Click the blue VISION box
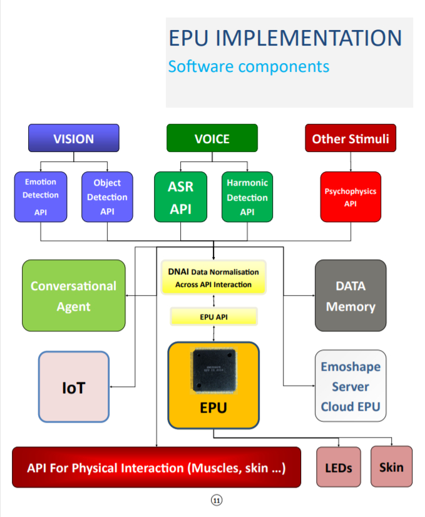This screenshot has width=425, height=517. [x=73, y=138]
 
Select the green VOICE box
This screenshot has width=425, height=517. [x=212, y=138]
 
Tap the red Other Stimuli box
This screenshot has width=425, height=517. [x=350, y=138]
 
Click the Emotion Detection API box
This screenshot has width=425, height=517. [x=40, y=197]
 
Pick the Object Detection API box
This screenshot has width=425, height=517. [x=107, y=197]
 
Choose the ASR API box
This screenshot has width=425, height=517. [x=181, y=197]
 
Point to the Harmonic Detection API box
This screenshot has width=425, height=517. [x=247, y=197]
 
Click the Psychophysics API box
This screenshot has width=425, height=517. [x=351, y=197]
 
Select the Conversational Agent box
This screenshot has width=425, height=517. [x=73, y=296]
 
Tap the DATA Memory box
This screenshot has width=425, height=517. [x=351, y=296]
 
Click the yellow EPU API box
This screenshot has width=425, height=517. [x=213, y=317]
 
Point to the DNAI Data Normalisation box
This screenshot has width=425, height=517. [x=213, y=278]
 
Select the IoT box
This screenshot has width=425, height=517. [x=74, y=387]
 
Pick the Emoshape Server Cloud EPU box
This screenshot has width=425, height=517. [x=351, y=386]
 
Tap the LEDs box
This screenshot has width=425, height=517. [x=339, y=467]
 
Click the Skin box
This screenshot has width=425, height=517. [x=391, y=466]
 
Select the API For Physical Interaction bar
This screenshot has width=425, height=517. [x=156, y=467]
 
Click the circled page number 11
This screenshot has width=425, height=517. [x=217, y=500]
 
